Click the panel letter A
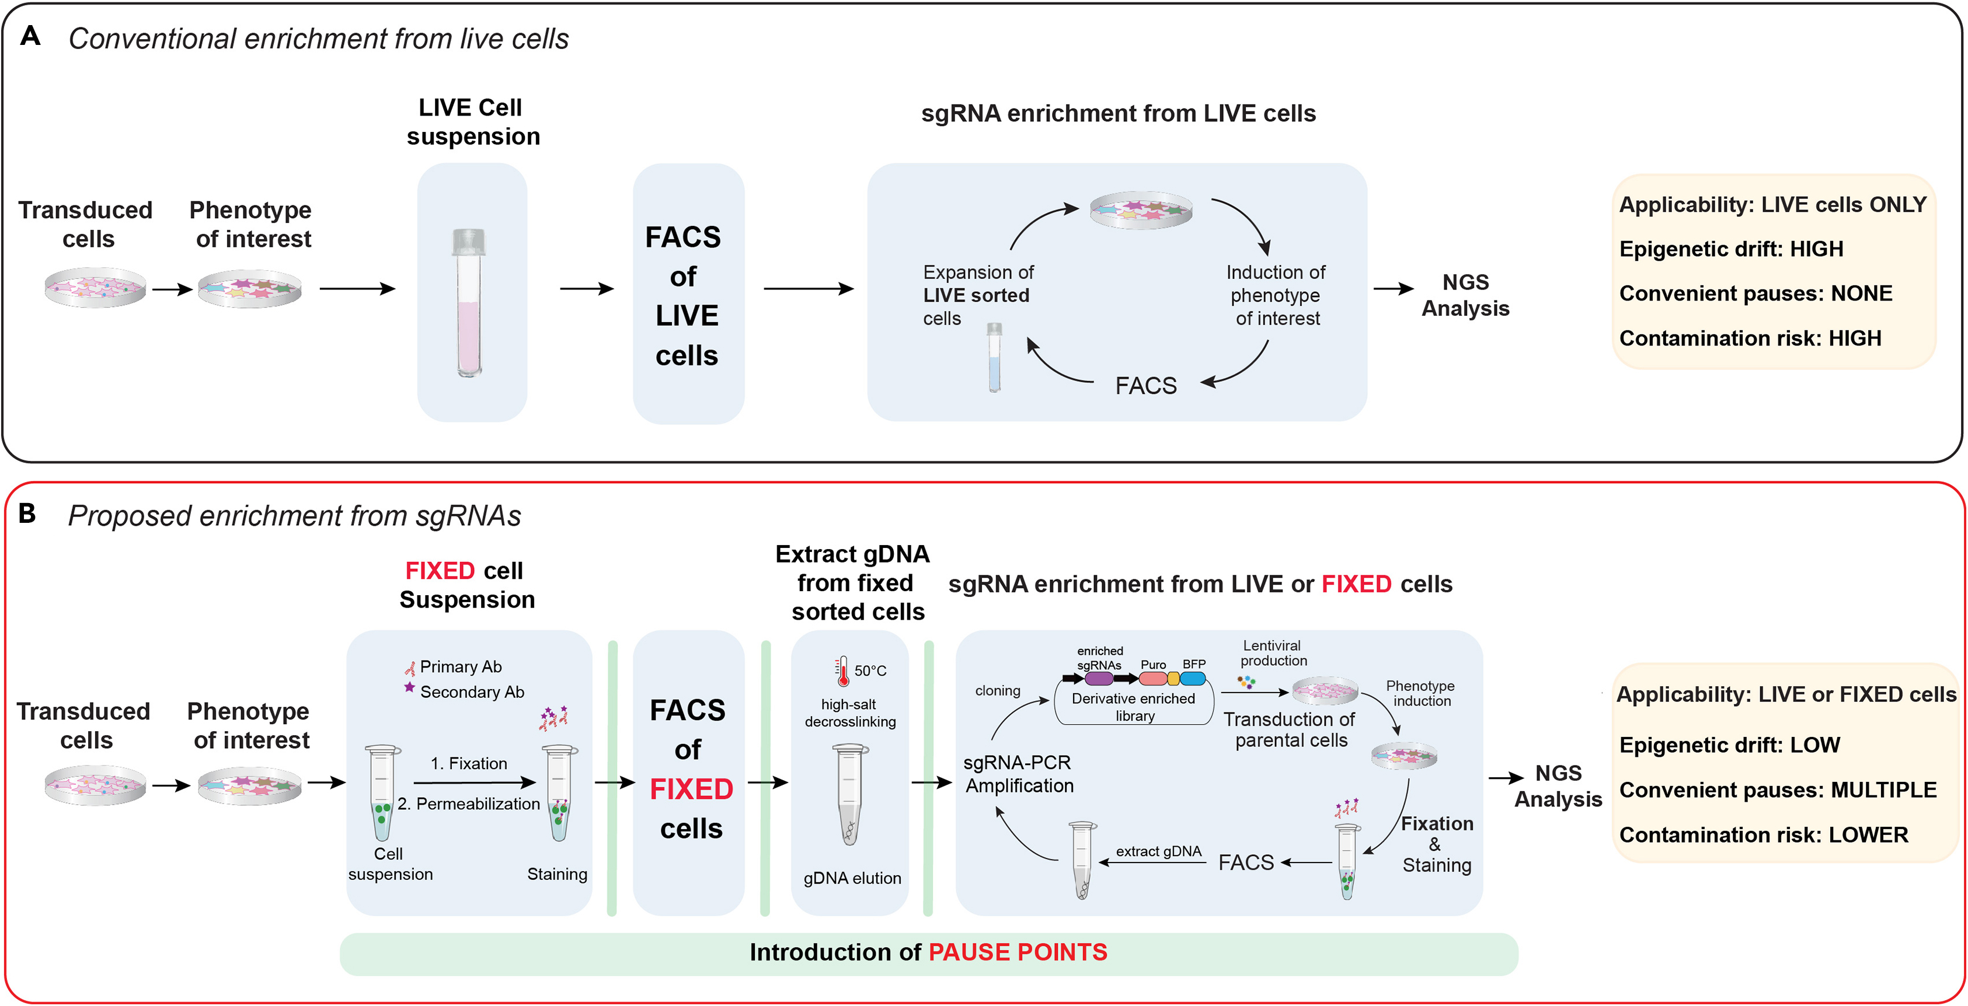coord(30,36)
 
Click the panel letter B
coord(27,514)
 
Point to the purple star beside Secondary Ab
coord(409,687)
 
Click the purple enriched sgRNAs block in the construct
coord(1099,678)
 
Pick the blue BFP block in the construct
coord(1193,678)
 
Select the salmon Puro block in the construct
coord(1152,678)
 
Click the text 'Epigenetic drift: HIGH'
coord(1730,249)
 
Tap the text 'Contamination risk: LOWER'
coord(1763,835)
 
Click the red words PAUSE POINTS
coord(1017,952)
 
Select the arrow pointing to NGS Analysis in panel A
coord(1393,289)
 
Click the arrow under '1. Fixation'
coord(473,782)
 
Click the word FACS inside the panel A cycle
coord(1145,386)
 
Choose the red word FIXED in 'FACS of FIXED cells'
coord(691,789)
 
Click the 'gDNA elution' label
coord(852,878)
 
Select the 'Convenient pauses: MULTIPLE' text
coord(1777,790)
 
